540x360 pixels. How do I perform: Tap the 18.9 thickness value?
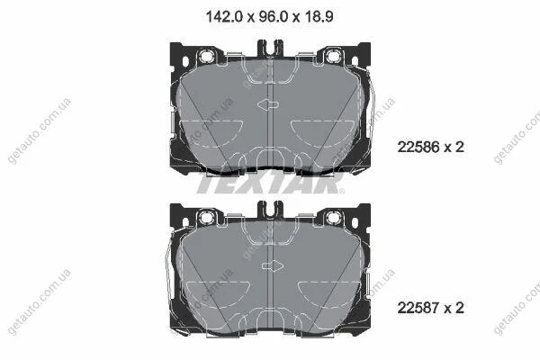pos(319,16)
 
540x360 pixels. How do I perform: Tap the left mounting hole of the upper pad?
pos(206,55)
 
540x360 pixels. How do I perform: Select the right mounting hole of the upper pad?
pos(333,55)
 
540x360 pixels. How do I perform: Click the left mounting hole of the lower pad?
pos(206,218)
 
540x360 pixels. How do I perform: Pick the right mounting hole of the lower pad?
pos(333,218)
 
